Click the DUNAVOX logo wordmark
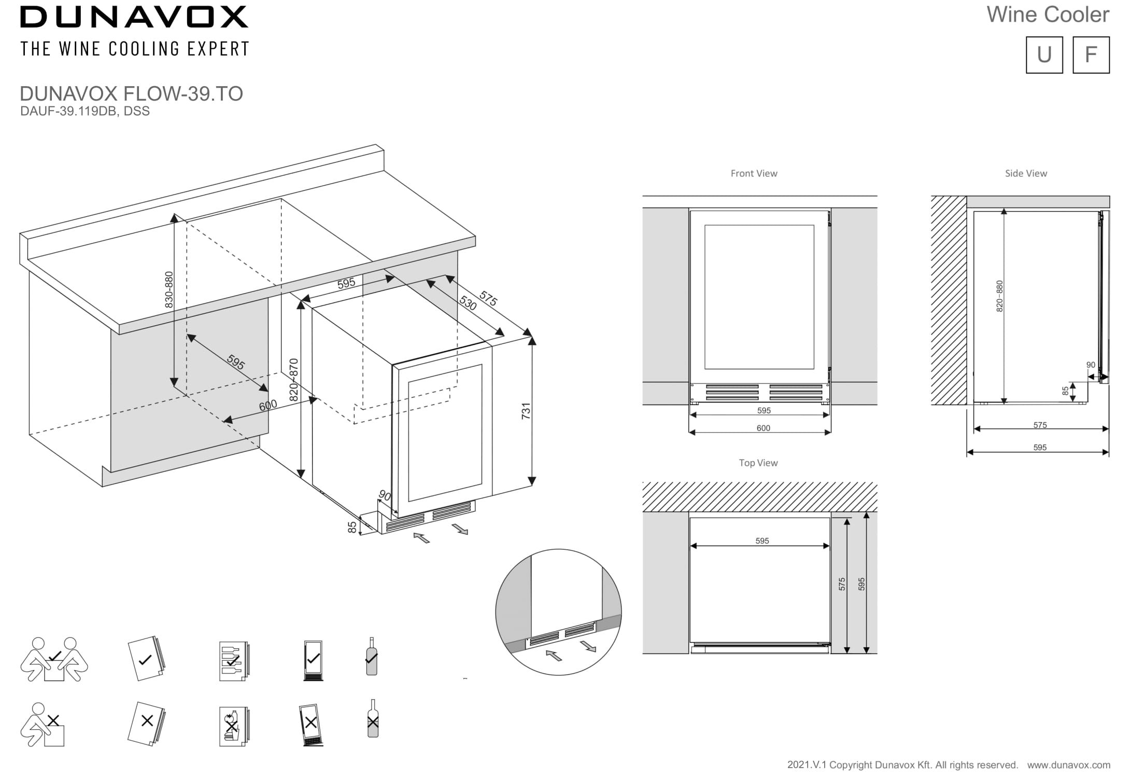134,17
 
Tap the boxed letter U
1044,54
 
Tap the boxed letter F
1091,54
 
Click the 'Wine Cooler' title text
1048,15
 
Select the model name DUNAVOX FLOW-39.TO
131,94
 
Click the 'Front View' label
754,174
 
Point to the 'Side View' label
1025,174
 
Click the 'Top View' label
758,463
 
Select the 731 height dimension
526,411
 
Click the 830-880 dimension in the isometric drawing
169,289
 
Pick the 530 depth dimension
468,303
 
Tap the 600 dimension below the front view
763,428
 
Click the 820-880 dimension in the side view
1000,296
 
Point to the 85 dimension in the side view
1065,391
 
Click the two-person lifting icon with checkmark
54,659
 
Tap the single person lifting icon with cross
43,725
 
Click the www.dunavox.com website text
1068,765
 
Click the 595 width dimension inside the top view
762,541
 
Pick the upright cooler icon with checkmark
313,660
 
